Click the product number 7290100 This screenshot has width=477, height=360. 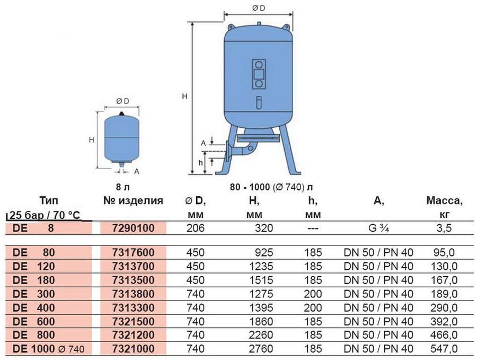point(133,228)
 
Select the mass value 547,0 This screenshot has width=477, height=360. point(444,349)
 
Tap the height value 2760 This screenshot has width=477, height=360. point(261,349)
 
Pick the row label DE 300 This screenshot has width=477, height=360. point(34,294)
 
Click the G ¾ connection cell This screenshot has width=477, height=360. point(378,228)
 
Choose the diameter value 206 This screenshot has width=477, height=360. point(195,228)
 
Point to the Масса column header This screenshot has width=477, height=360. point(444,200)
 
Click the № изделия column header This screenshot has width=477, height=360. point(133,200)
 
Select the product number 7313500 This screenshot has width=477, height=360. point(133,280)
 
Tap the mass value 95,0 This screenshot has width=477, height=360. point(444,252)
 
